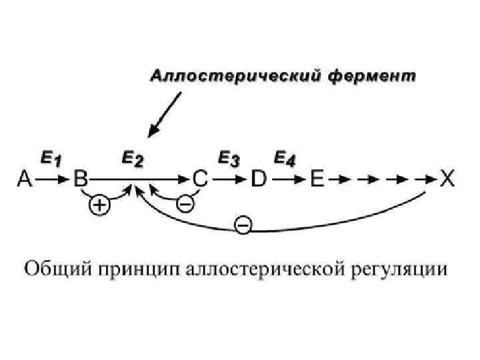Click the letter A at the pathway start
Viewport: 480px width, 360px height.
[25, 179]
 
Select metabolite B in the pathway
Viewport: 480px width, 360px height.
[81, 179]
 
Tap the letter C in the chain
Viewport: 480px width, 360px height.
[201, 179]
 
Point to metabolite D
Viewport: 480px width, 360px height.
[259, 179]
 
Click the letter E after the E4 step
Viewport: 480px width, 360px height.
[317, 179]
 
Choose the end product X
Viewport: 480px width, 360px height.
[447, 179]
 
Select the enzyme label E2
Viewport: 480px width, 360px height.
[132, 158]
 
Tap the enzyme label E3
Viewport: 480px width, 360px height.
[229, 158]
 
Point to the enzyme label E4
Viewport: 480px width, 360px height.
[286, 158]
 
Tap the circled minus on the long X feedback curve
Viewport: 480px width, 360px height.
[243, 227]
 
